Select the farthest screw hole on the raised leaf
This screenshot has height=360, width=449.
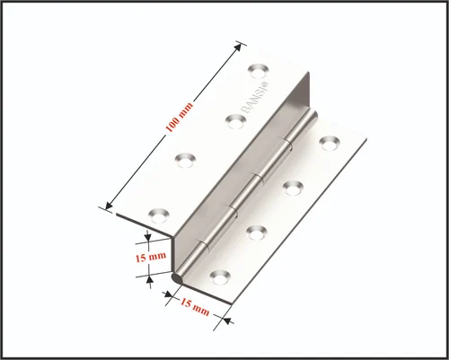coord(260,68)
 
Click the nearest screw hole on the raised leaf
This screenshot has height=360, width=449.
coord(159,215)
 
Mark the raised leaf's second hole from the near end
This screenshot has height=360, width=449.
coord(186,162)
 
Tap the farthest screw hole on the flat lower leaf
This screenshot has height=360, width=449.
coord(330,142)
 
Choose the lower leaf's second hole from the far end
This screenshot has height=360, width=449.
coord(293,187)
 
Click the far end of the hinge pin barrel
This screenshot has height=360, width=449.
coord(312,116)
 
